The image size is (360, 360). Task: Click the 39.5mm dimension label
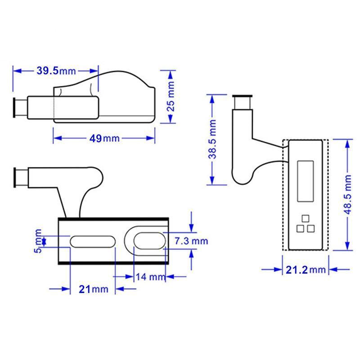tap(56, 71)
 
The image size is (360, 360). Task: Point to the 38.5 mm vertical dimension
tap(213, 139)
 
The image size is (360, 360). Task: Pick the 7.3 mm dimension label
tap(191, 241)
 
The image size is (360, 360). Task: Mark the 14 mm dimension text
tap(151, 277)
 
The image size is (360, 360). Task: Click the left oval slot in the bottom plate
tap(92, 241)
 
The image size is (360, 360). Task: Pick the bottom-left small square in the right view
tap(300, 229)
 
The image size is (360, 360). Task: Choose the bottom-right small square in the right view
tap(310, 229)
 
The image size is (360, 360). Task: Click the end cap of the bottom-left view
tap(19, 176)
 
